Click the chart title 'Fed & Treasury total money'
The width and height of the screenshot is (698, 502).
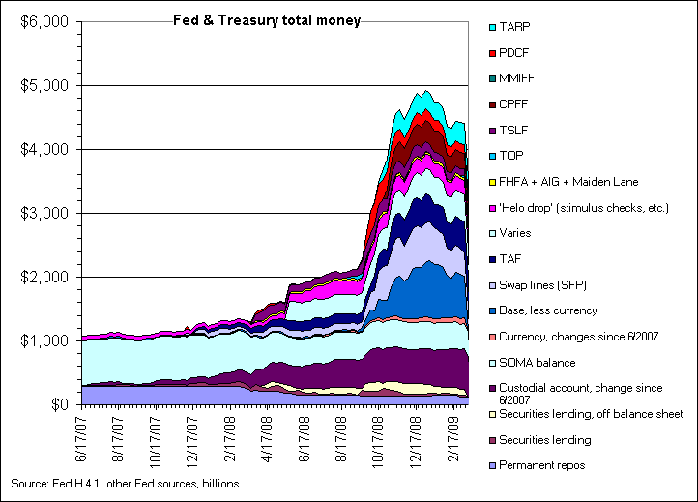266,19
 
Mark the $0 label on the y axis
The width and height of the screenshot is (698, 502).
60,404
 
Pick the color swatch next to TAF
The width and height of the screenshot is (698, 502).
494,258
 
